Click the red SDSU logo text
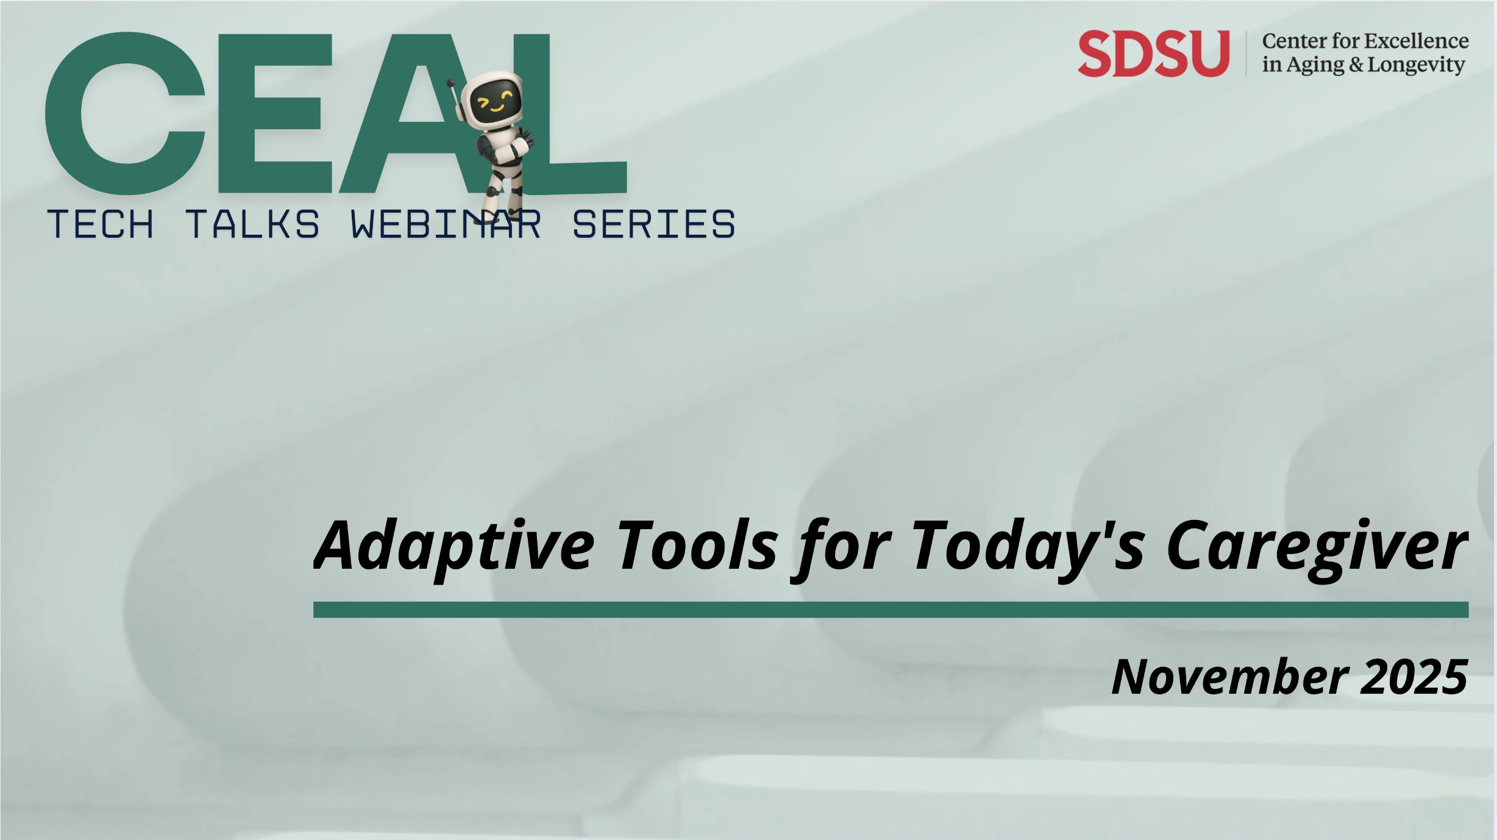[1153, 54]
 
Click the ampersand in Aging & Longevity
[1356, 65]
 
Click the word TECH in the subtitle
[101, 224]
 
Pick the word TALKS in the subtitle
[252, 224]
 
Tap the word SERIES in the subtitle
[653, 224]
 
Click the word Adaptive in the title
[454, 546]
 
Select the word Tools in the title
[698, 545]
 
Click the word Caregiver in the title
[1317, 546]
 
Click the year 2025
[1413, 677]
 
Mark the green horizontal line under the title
[891, 610]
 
